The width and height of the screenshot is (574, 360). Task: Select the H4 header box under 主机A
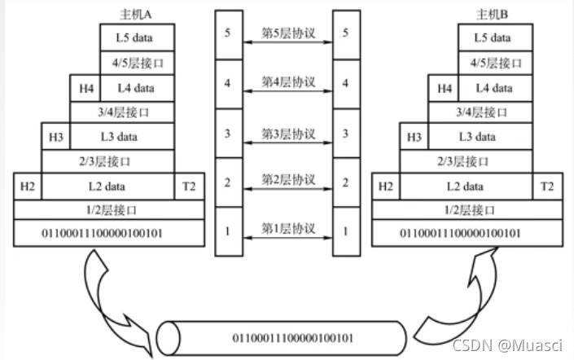pos(85,88)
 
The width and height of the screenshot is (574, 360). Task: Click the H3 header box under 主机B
pos(414,137)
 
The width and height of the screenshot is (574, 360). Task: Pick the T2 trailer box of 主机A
pos(189,187)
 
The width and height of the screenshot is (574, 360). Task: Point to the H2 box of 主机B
pos(385,187)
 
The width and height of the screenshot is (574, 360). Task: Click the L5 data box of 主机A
pos(137,37)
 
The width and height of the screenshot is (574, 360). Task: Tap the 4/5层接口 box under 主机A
pos(137,63)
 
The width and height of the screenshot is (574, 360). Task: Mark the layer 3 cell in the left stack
pos(227,133)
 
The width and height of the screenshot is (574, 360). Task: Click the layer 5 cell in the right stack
pos(348,33)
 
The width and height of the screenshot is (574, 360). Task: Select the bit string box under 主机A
pos(108,235)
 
